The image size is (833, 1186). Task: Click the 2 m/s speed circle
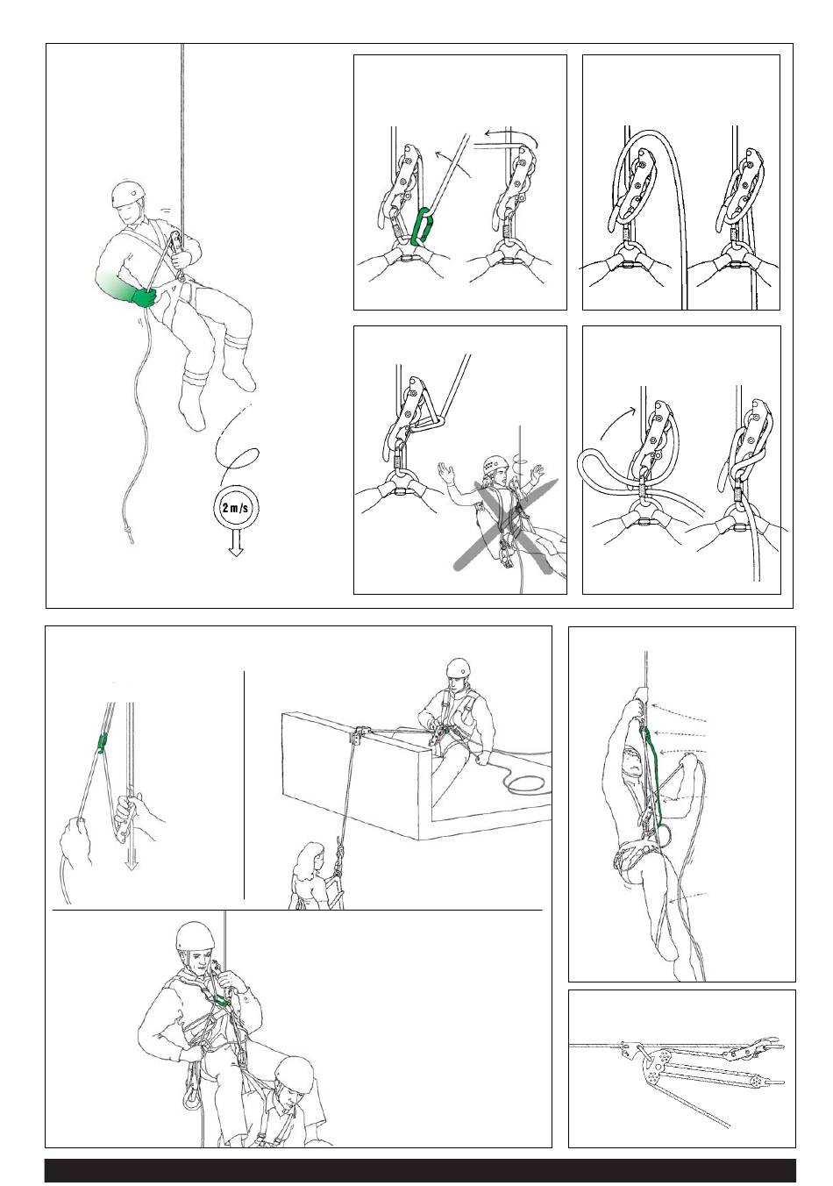(235, 508)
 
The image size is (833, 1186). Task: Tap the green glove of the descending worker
(142, 297)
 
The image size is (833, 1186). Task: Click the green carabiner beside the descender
(422, 226)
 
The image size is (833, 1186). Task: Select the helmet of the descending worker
(129, 195)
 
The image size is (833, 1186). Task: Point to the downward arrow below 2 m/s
(236, 544)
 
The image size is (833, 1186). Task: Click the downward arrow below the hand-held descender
(131, 843)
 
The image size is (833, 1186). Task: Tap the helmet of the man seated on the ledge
(458, 668)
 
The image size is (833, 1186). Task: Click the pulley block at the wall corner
(360, 735)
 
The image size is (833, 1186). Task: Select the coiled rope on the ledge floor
(524, 782)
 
